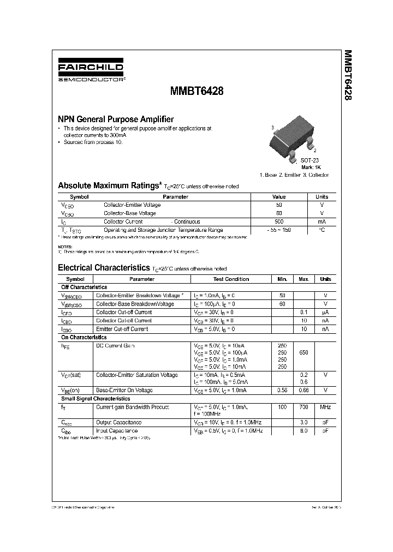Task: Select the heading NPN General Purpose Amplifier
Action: tap(116, 119)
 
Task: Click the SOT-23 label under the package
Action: tap(310, 160)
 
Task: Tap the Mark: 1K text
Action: tap(311, 167)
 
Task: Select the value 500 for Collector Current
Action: tap(279, 222)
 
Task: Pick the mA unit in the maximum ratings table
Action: tap(321, 222)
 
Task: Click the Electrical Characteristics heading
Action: tap(104, 268)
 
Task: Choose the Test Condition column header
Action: tap(231, 279)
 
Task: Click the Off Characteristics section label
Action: tap(84, 287)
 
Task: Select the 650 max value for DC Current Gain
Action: tap(303, 352)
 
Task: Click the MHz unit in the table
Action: tap(325, 407)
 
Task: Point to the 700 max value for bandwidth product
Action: tap(303, 407)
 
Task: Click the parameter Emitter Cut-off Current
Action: tap(122, 329)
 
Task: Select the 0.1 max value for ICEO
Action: tap(303, 312)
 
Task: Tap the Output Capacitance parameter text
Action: tap(118, 422)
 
